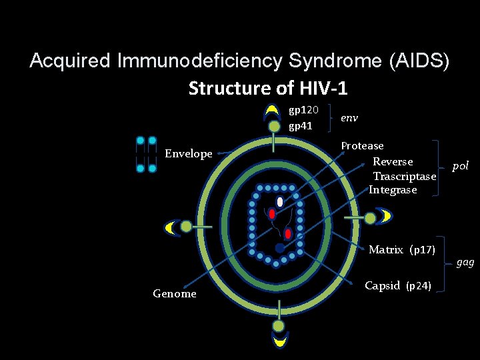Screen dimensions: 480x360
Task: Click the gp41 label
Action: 300,125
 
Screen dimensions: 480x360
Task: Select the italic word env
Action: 349,117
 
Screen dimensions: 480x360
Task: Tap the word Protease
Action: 362,145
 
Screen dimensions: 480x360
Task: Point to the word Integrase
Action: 393,190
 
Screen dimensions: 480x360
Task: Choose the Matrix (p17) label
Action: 402,250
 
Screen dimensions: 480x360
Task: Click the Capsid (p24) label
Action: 398,285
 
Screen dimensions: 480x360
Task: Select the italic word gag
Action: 465,262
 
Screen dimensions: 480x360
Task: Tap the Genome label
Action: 175,293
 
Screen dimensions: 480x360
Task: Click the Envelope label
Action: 189,154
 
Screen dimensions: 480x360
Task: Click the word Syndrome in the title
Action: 333,61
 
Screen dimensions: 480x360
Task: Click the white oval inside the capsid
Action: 280,201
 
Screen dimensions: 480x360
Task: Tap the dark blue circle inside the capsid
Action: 279,248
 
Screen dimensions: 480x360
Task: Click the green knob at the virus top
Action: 274,126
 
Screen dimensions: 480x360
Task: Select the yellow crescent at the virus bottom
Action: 279,341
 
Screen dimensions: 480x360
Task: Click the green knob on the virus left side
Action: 186,227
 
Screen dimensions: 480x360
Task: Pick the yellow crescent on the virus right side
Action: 384,216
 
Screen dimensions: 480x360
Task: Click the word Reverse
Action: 393,161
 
